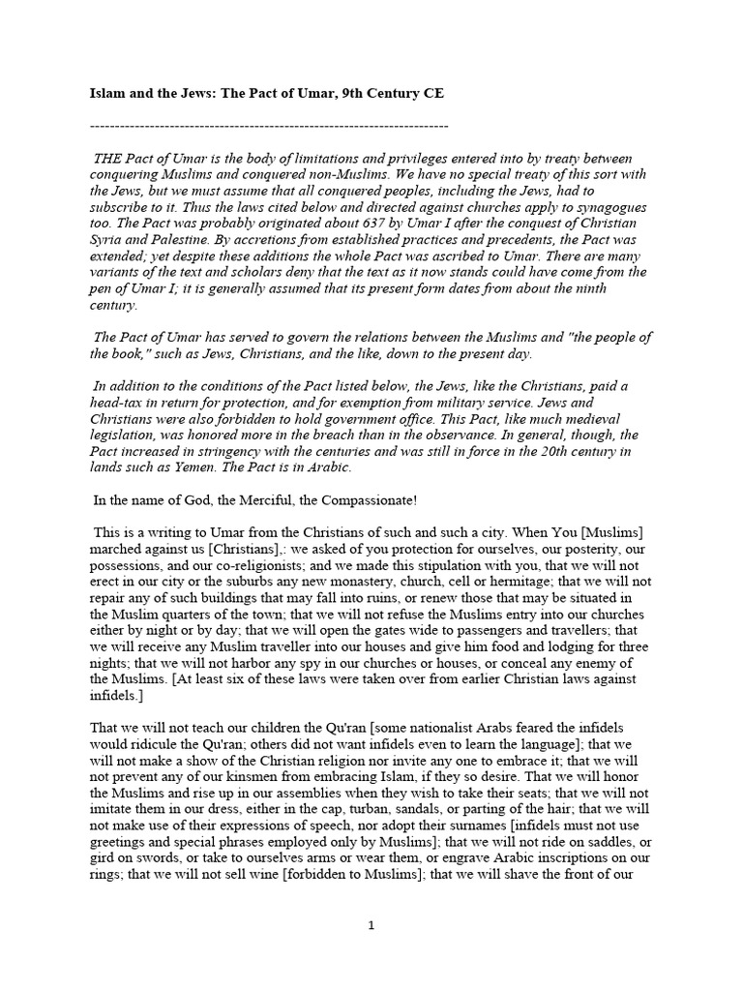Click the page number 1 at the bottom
pyautogui.click(x=371, y=925)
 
